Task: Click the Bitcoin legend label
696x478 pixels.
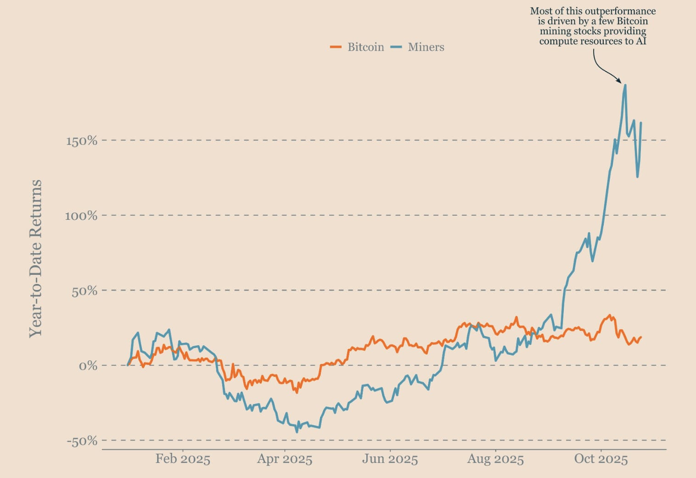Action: tap(365, 47)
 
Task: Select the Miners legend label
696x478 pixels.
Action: tap(426, 47)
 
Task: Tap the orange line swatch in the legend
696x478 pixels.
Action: tap(336, 47)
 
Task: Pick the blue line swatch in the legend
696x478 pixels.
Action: tap(396, 47)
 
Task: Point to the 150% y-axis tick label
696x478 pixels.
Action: tap(82, 141)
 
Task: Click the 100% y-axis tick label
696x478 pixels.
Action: tap(81, 216)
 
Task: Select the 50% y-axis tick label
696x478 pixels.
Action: tap(84, 291)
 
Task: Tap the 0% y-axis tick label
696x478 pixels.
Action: tap(88, 366)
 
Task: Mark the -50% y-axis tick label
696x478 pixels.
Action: tap(82, 441)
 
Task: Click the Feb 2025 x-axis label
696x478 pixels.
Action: tap(183, 459)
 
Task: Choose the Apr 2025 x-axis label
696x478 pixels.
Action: tap(285, 459)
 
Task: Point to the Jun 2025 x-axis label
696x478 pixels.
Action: tap(390, 459)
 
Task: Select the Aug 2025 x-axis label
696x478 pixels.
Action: tap(495, 459)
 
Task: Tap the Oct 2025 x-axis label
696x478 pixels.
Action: tap(601, 459)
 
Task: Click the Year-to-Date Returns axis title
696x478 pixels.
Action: tap(36, 259)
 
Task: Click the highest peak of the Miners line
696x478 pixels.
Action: tap(625, 85)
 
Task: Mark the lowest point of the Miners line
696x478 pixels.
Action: tap(297, 432)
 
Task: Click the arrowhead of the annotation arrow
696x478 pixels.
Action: tap(619, 81)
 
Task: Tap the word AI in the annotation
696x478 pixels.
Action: tap(641, 41)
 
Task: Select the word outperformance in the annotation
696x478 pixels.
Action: tap(620, 11)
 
